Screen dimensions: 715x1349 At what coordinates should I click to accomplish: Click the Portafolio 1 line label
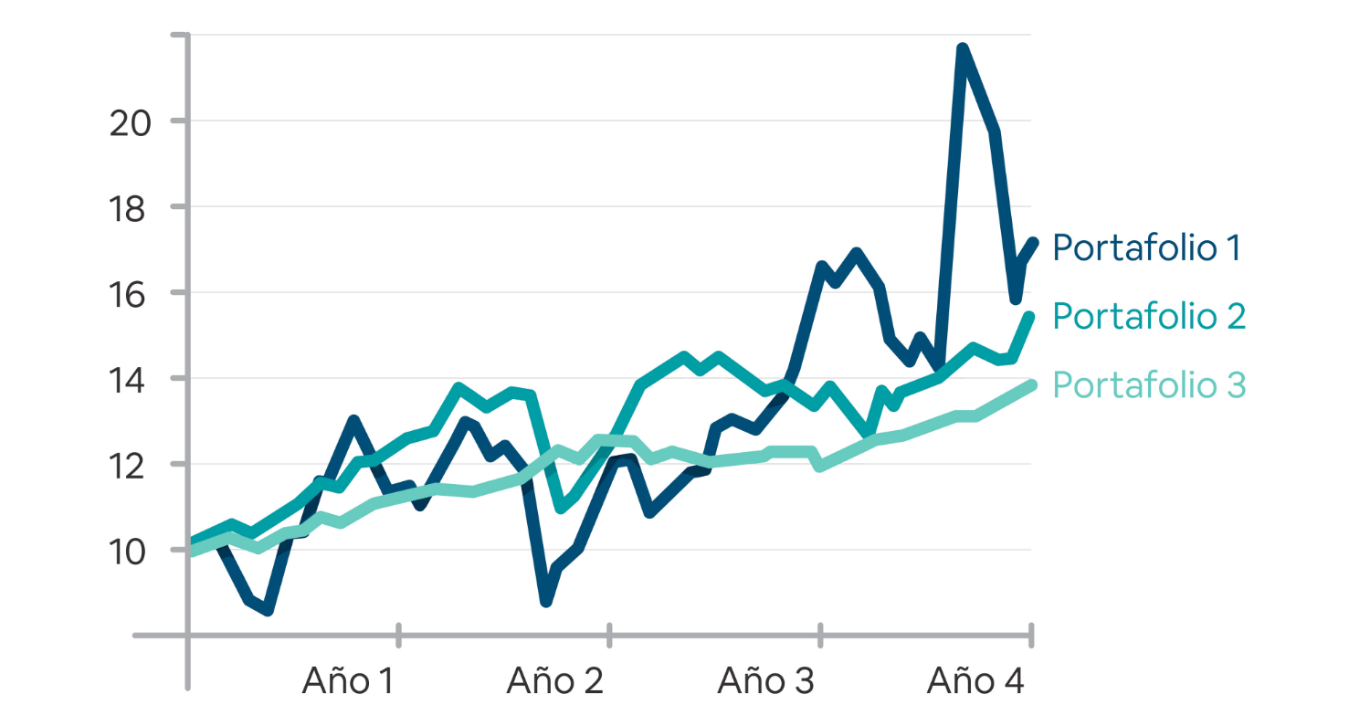click(x=1146, y=247)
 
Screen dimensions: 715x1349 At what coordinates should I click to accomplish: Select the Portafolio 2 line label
click(x=1149, y=316)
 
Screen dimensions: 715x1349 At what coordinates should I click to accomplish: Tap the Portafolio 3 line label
click(x=1149, y=384)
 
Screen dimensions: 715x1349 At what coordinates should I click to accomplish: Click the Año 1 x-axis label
click(x=348, y=680)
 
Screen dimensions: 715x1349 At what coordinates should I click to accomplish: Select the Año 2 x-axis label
click(x=554, y=680)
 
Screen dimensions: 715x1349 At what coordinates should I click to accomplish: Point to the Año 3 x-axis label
click(x=765, y=680)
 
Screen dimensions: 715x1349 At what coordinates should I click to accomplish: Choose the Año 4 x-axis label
click(x=975, y=680)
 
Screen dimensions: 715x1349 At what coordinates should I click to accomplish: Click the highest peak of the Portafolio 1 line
click(x=962, y=48)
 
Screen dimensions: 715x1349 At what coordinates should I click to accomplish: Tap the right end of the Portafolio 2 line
click(x=1030, y=317)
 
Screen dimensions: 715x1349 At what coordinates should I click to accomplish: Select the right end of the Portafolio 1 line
click(x=1033, y=242)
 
